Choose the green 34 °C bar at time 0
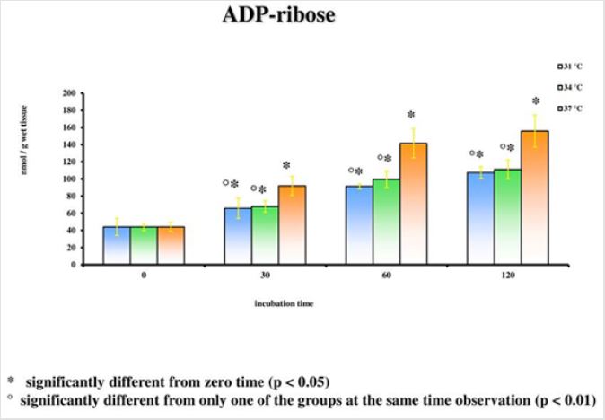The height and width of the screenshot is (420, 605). [x=144, y=245]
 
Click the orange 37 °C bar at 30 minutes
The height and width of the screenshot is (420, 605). [x=293, y=225]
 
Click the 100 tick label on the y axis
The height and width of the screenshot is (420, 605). [x=69, y=179]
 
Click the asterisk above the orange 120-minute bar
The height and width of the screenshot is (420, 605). [x=536, y=102]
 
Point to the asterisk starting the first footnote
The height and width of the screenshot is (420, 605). [x=12, y=382]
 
